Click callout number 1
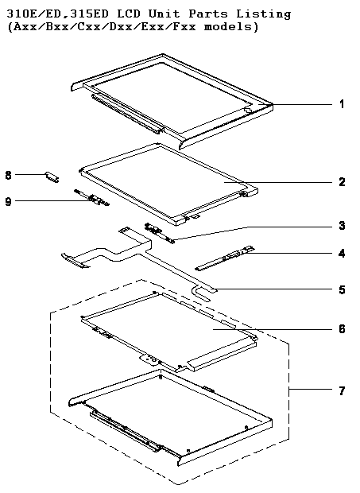[342, 104]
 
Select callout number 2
[342, 182]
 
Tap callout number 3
[342, 226]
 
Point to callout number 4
[342, 253]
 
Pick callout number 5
[342, 289]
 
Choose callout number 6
[342, 329]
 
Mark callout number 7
[342, 390]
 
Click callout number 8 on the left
[9, 175]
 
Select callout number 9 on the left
[9, 201]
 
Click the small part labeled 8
[52, 177]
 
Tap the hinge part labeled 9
[91, 198]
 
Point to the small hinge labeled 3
[159, 233]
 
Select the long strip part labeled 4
[225, 258]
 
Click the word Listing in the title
[263, 14]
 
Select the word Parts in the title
[207, 14]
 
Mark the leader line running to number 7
[310, 390]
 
